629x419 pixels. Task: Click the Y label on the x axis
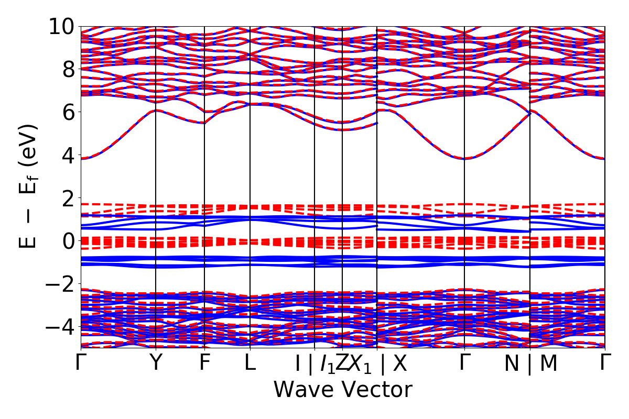(x=156, y=363)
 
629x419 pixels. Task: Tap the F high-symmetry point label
(x=204, y=363)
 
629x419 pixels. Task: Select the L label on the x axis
(x=250, y=363)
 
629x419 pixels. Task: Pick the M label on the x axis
(x=548, y=364)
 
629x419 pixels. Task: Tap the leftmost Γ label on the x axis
(x=81, y=363)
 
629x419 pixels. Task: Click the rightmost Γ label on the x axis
(x=605, y=363)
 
